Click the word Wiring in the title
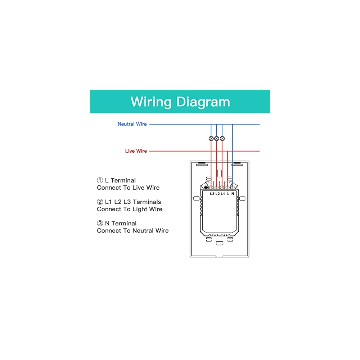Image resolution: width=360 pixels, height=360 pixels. click(151, 102)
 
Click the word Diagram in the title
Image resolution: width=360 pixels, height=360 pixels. click(203, 102)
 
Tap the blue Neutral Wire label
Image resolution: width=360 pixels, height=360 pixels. click(132, 124)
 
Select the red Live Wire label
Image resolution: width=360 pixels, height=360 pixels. click(136, 151)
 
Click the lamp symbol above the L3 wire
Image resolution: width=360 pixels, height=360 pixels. click(211, 138)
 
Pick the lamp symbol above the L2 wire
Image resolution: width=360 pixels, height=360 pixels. click(216, 138)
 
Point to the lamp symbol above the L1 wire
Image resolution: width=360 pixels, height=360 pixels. click(222, 138)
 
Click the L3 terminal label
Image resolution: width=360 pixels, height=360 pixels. click(212, 194)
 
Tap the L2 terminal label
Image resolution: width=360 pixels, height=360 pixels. click(217, 194)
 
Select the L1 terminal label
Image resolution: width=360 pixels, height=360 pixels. click(223, 194)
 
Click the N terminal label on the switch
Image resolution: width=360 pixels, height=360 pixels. click(233, 194)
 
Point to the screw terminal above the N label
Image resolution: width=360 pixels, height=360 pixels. click(233, 187)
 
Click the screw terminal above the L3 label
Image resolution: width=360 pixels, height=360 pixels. click(211, 187)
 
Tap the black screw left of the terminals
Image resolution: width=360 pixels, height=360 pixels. click(206, 187)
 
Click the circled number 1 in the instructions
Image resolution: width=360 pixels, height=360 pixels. click(100, 180)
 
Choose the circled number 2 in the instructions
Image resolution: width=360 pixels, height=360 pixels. click(100, 202)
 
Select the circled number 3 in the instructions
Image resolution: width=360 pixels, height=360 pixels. click(100, 224)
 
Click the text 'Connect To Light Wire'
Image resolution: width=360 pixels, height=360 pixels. click(130, 209)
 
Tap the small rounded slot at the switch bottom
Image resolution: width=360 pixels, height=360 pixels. click(219, 243)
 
